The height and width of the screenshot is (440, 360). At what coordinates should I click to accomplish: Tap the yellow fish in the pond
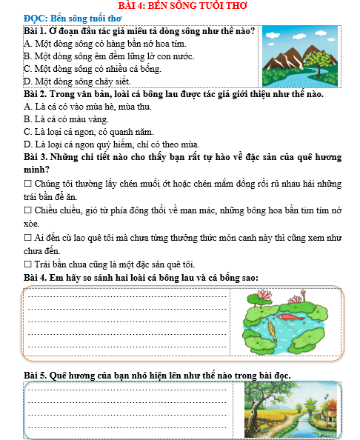pyautogui.click(x=273, y=327)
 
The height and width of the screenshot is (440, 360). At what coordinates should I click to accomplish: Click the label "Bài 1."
pyautogui.click(x=36, y=31)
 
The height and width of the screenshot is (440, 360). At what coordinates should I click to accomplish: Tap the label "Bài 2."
pyautogui.click(x=36, y=96)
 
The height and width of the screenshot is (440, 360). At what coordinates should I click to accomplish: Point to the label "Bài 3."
pyautogui.click(x=36, y=158)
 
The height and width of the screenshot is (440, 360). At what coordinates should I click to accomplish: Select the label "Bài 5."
pyautogui.click(x=36, y=375)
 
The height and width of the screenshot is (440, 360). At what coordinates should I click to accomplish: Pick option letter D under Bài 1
pyautogui.click(x=27, y=81)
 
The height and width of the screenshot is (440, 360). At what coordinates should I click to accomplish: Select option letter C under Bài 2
pyautogui.click(x=27, y=132)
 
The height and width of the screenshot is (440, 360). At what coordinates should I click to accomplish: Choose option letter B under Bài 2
pyautogui.click(x=27, y=119)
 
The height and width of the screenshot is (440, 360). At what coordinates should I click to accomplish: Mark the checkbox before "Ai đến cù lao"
pyautogui.click(x=27, y=238)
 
